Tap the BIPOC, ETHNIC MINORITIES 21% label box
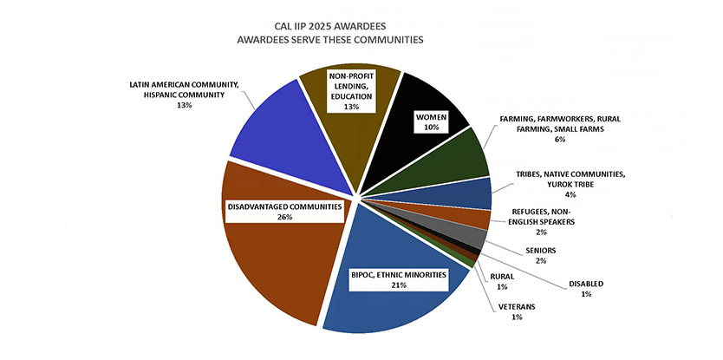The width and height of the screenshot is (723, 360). coord(399,280)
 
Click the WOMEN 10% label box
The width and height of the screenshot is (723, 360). coord(432,121)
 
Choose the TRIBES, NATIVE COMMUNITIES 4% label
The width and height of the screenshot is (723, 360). coord(570,184)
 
